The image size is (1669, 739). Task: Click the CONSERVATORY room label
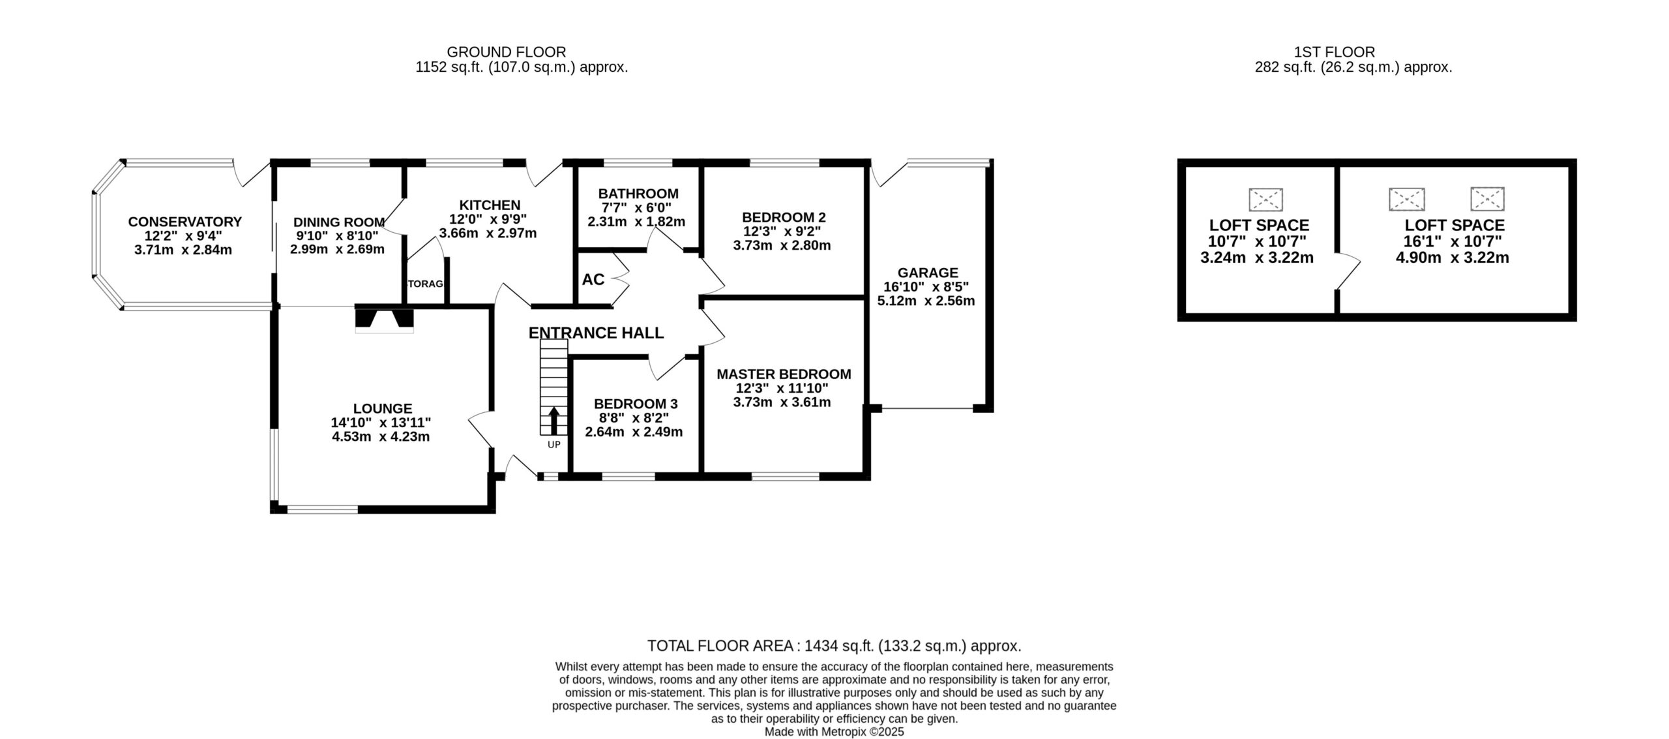[185, 222]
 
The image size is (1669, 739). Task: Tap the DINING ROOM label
[338, 222]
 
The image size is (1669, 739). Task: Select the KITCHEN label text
[490, 205]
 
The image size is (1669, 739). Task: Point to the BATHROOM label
[638, 194]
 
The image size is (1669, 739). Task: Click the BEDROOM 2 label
[784, 217]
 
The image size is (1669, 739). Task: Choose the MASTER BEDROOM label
[784, 374]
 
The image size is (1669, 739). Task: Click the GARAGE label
[928, 273]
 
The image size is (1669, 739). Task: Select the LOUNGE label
[383, 408]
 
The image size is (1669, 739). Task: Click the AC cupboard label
[593, 279]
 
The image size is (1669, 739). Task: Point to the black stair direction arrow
[554, 421]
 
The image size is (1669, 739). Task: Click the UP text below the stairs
[554, 445]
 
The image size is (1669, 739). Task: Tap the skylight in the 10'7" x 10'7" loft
[1266, 200]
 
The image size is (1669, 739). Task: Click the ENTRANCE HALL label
[596, 333]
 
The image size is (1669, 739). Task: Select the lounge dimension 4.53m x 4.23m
[381, 436]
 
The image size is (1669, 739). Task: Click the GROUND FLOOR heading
[506, 52]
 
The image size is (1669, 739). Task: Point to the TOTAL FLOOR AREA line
[834, 646]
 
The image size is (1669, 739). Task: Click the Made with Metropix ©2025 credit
[834, 732]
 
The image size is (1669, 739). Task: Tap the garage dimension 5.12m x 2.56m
[926, 301]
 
